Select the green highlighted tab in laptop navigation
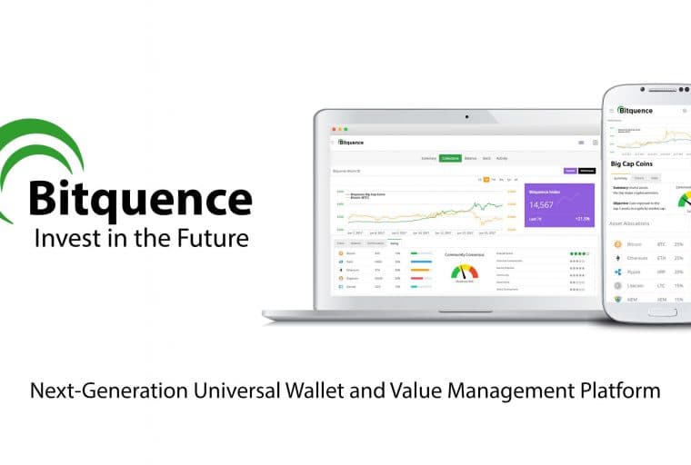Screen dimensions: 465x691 [449, 158]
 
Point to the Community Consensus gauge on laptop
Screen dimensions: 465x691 [464, 271]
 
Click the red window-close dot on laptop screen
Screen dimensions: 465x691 [333, 130]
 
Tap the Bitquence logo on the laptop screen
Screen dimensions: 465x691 [351, 143]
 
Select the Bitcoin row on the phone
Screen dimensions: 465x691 [650, 244]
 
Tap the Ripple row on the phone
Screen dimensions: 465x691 [650, 272]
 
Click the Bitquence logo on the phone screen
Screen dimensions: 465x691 [636, 111]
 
